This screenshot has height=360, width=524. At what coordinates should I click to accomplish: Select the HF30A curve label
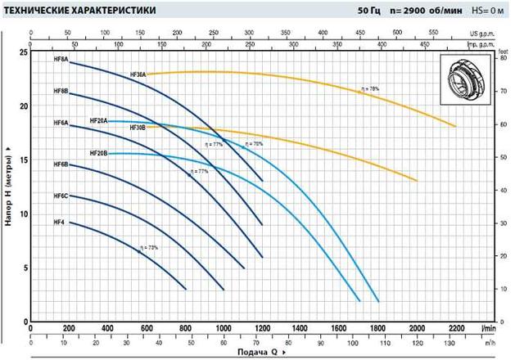138,74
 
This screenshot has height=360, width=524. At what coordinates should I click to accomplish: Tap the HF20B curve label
98,153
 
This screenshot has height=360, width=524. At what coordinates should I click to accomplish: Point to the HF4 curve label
59,223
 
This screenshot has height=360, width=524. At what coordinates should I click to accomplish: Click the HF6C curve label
61,196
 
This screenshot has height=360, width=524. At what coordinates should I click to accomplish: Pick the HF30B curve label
137,128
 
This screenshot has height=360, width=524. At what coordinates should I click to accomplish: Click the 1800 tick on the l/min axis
378,331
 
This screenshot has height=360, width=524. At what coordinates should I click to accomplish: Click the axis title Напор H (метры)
7,183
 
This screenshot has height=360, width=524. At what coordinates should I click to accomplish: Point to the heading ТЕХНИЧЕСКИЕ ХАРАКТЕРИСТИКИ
66,11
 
